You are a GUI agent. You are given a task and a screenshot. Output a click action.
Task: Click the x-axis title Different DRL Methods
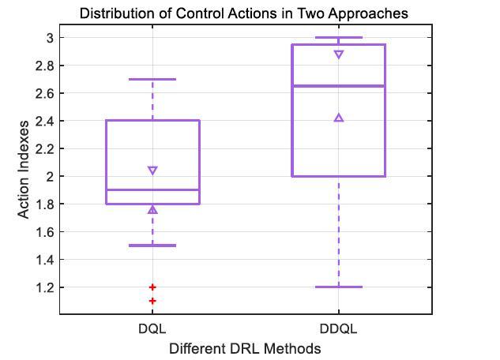coord(245,348)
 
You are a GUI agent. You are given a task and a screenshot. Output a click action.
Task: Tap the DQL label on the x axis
coord(152,328)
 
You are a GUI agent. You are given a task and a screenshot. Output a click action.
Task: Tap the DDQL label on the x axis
coord(339,328)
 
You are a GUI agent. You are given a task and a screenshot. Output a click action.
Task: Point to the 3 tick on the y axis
coord(49,38)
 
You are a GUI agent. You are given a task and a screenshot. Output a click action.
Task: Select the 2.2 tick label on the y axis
coord(44,148)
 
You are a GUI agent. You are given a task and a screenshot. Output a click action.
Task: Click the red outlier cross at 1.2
coord(152,287)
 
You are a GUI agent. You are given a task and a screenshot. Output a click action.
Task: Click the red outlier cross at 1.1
coord(152,301)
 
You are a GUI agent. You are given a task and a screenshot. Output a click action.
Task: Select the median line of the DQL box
coord(152,189)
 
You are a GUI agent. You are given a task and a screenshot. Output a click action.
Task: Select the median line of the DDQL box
coord(339,86)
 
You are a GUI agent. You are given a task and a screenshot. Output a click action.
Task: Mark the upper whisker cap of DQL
coord(152,79)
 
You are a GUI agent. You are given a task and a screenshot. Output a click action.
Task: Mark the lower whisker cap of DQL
coord(152,246)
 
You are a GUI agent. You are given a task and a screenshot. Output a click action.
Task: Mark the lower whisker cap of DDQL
coord(339,287)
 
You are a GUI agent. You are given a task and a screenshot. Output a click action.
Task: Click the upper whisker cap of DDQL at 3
coord(339,38)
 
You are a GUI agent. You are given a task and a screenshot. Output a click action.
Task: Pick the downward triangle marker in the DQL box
coord(152,171)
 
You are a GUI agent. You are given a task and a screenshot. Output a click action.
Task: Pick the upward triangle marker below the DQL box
coord(152,210)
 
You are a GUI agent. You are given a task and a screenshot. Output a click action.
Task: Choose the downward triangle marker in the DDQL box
coord(339,54)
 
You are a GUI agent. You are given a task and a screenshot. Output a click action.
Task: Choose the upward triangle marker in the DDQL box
coord(339,118)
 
